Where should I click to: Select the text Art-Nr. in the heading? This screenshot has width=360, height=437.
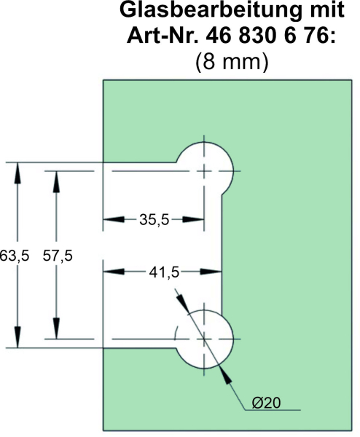pyautogui.click(x=163, y=36)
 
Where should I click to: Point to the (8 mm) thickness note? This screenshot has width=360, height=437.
pyautogui.click(x=232, y=61)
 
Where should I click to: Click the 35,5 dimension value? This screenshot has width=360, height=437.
pyautogui.click(x=154, y=220)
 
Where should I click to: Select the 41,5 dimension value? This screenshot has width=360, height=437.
pyautogui.click(x=164, y=272)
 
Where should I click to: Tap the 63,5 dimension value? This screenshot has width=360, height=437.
pyautogui.click(x=14, y=256)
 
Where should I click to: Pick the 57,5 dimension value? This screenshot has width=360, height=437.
pyautogui.click(x=58, y=256)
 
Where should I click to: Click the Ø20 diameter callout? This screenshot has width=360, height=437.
pyautogui.click(x=266, y=403)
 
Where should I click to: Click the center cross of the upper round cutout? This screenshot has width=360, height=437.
pyautogui.click(x=204, y=171)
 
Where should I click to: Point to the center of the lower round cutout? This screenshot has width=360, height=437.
pyautogui.click(x=204, y=339)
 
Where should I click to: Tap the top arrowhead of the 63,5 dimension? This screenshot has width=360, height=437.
pyautogui.click(x=17, y=173)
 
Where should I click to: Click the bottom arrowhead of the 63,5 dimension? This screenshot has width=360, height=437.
pyautogui.click(x=17, y=337)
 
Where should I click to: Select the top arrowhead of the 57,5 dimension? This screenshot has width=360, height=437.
pyautogui.click(x=56, y=181)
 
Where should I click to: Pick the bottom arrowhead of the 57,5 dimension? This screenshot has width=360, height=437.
pyautogui.click(x=56, y=328)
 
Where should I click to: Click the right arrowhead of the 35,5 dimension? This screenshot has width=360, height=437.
pyautogui.click(x=193, y=220)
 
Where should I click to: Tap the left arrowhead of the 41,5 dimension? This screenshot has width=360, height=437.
pyautogui.click(x=114, y=271)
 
